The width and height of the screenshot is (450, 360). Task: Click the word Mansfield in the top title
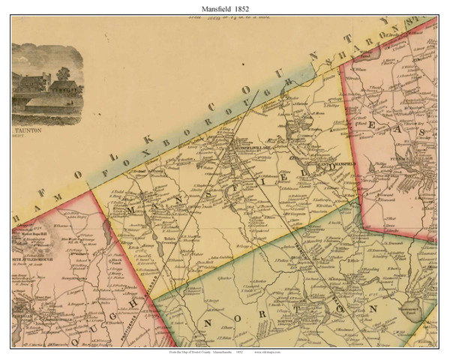(x=212, y=7)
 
